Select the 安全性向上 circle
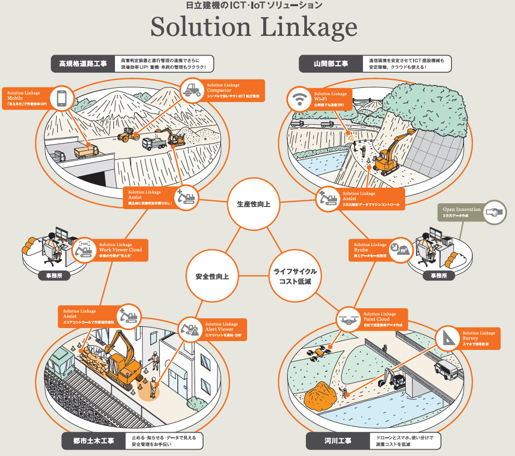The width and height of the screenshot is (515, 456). [x=212, y=276]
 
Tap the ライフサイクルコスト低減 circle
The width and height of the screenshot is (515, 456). [x=294, y=277]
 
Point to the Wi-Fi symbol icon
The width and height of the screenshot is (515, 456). [x=299, y=99]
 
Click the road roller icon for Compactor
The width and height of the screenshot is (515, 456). [x=191, y=90]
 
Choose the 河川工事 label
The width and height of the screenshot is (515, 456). [x=338, y=441]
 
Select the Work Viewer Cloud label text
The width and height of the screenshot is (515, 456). [x=120, y=250]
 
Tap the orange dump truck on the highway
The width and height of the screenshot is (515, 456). [x=85, y=151]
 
